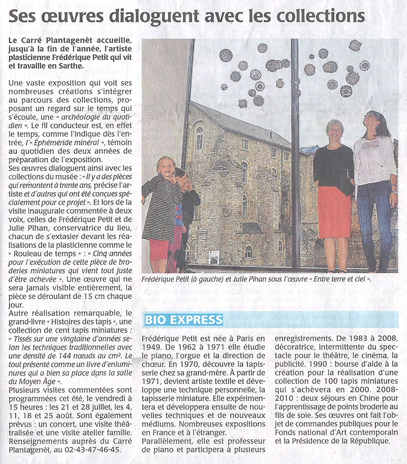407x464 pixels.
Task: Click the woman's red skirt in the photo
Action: point(334,211)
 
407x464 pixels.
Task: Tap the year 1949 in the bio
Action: point(153,347)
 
